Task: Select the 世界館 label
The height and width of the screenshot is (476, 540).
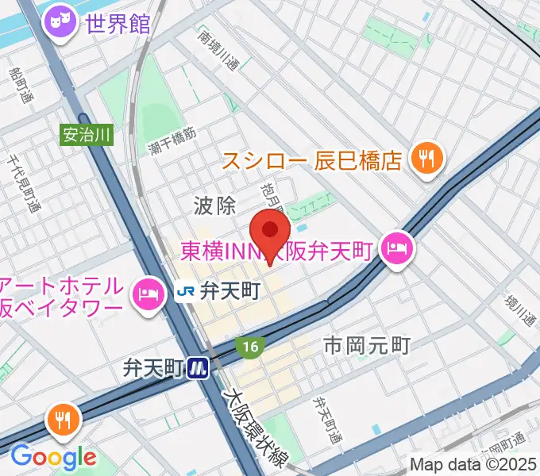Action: pos(118,24)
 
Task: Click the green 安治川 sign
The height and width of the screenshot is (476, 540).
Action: pos(86,135)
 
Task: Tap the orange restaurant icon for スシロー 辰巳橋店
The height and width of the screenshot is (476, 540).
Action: pos(427,159)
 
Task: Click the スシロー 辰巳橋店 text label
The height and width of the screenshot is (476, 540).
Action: pos(311,162)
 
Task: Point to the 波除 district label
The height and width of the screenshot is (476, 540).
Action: pos(214,206)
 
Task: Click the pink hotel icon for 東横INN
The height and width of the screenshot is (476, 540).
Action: pos(395,250)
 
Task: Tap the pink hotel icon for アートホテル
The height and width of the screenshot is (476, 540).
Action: pos(147,295)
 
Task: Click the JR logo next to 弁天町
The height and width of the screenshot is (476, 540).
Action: pos(186,293)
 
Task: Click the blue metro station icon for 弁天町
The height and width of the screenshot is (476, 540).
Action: pos(198,367)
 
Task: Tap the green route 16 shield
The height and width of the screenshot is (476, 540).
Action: pos(249,347)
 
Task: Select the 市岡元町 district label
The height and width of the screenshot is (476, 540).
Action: pos(367,345)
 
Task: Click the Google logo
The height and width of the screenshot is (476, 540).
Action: pos(52,457)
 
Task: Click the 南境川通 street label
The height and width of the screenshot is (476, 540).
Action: pos(218,51)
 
